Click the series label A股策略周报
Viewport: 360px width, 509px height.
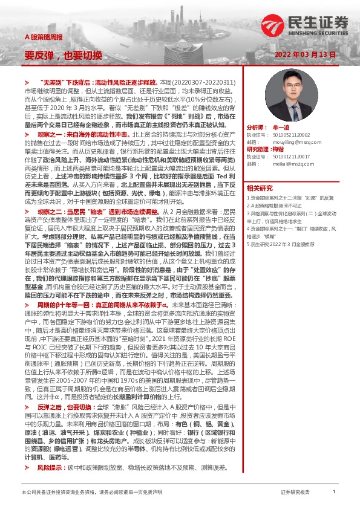point(43,37)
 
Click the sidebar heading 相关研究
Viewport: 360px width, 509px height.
point(261,188)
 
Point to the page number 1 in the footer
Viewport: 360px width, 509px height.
point(334,493)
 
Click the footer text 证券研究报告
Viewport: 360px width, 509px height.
point(295,493)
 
